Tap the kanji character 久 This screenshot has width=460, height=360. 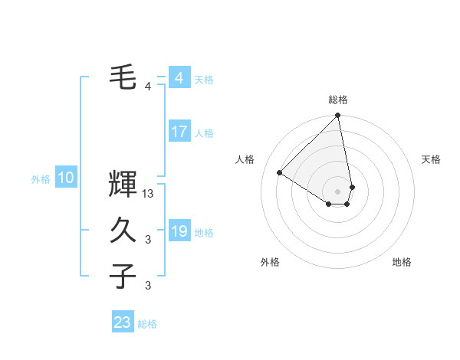click(123, 230)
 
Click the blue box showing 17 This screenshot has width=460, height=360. click(179, 132)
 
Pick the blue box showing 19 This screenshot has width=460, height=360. click(179, 231)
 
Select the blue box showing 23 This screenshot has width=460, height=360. click(123, 322)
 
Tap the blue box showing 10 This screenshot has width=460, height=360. click(66, 178)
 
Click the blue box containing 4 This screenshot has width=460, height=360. click(179, 78)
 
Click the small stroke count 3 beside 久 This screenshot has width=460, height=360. click(148, 240)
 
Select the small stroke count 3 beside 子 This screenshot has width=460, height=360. click(148, 286)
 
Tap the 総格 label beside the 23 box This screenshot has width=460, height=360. click(147, 324)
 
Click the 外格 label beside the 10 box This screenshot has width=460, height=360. click(41, 179)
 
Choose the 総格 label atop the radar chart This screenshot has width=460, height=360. click(338, 100)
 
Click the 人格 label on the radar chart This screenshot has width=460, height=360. click(245, 159)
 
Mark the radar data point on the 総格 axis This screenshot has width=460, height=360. click(338, 116)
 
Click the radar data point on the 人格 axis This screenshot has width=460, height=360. click(280, 172)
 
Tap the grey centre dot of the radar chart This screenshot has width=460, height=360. click(338, 190)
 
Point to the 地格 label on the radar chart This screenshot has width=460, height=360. click(402, 262)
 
